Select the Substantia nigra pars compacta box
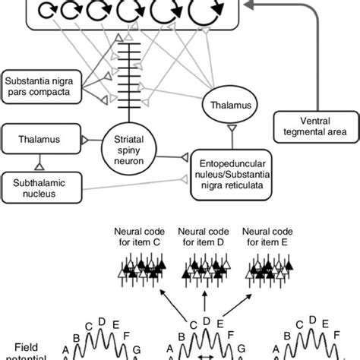coord(38,84)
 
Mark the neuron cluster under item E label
coord(264,272)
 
